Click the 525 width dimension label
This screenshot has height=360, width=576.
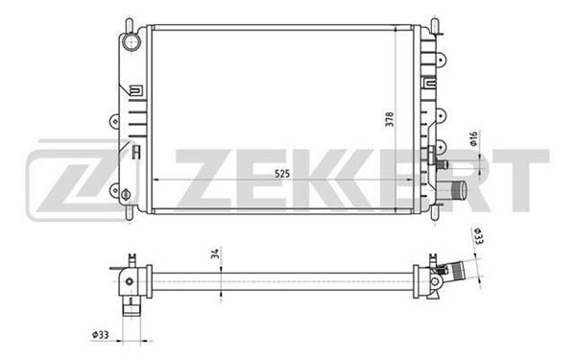(x=282, y=173)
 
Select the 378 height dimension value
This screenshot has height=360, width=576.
(x=390, y=119)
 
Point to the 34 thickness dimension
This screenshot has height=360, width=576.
(x=215, y=253)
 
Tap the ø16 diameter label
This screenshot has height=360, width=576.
(x=474, y=139)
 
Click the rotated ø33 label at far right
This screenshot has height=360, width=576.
(x=478, y=236)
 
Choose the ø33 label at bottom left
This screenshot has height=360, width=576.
(x=100, y=335)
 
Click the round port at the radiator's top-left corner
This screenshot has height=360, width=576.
(x=131, y=42)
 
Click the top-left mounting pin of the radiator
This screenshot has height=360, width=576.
(x=129, y=25)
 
